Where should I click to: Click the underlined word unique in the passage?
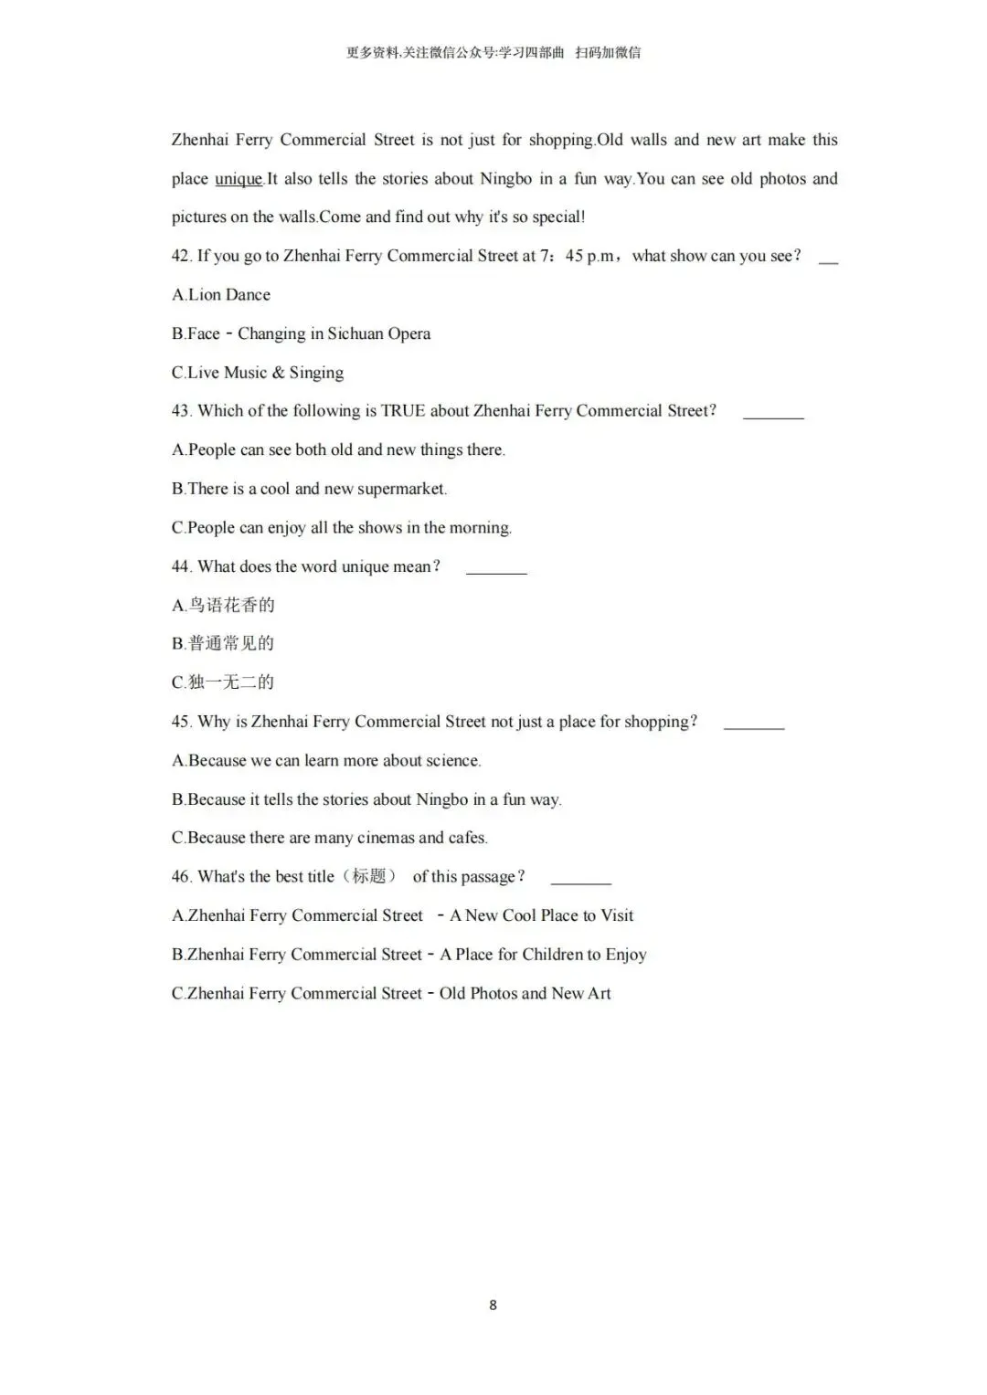coord(239,179)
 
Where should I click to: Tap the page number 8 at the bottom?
coord(493,1305)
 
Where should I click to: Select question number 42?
coord(180,257)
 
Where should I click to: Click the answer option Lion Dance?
coord(228,295)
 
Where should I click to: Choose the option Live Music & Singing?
coord(265,373)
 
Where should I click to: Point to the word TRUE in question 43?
coord(403,411)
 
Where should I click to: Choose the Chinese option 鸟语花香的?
coord(231,605)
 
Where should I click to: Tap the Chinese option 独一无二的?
coord(231,682)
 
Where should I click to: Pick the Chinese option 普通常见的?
coord(231,643)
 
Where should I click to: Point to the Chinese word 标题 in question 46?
coord(369,876)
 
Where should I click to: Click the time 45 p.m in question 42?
coord(589,257)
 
